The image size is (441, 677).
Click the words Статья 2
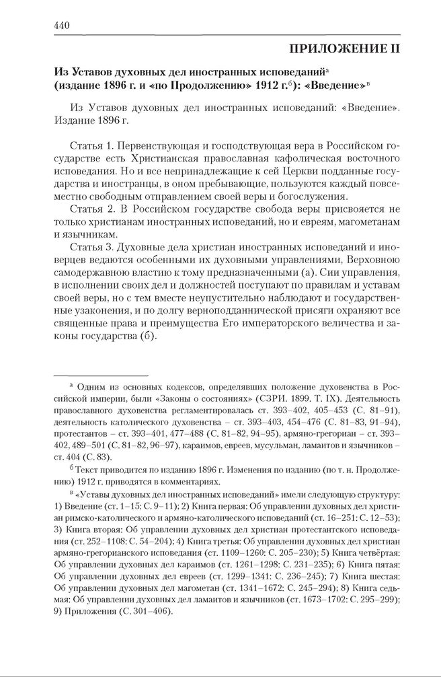tap(91, 210)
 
